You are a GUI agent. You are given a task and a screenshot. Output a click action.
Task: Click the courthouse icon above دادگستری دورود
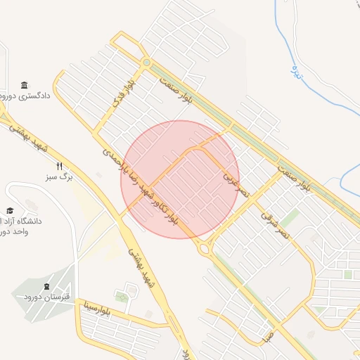pos(25,84)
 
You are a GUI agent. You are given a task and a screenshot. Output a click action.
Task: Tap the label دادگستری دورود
pos(25,96)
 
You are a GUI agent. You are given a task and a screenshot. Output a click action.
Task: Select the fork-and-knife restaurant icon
pos(60,167)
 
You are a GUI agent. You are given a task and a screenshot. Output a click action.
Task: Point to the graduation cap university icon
pos(10,210)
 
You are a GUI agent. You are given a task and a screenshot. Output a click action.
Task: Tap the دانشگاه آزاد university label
pos(21,226)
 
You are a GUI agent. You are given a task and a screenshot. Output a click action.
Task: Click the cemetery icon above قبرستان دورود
pos(47,286)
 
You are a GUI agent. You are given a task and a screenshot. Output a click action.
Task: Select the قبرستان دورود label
pos(48,297)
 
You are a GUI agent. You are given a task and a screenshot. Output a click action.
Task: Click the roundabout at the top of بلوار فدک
pos(146,63)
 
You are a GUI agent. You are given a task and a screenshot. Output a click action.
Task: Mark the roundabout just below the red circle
pos(204,247)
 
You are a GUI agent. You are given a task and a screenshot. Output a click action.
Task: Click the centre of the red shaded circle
pos(180,179)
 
